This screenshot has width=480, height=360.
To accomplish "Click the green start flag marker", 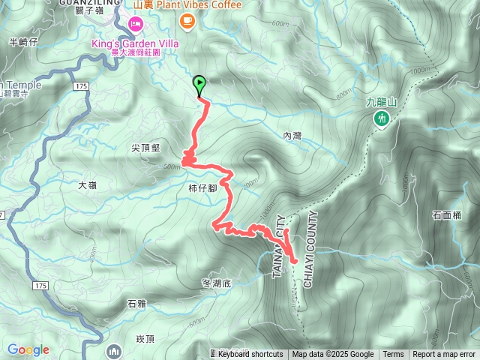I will point(199,84).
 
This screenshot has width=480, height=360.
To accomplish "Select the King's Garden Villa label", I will point(134,43).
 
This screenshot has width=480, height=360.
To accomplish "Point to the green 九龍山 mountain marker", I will point(382,118).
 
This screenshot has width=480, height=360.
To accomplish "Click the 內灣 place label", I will point(292,136).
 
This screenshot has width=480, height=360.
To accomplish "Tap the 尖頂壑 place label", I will point(145,148).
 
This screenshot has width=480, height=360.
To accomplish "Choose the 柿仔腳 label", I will point(203,188).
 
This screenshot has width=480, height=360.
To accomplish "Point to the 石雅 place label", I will point(136,304).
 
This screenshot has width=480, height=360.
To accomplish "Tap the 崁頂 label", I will point(145,339).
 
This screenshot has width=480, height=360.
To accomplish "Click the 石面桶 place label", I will point(447,215).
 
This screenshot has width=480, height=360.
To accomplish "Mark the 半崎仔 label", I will point(22,42).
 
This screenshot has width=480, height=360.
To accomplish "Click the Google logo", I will point(28,349).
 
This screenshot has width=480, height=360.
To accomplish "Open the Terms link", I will point(393,355).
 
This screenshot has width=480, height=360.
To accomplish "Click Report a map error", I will point(445,355).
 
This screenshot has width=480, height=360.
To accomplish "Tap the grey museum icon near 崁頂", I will point(114,349).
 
